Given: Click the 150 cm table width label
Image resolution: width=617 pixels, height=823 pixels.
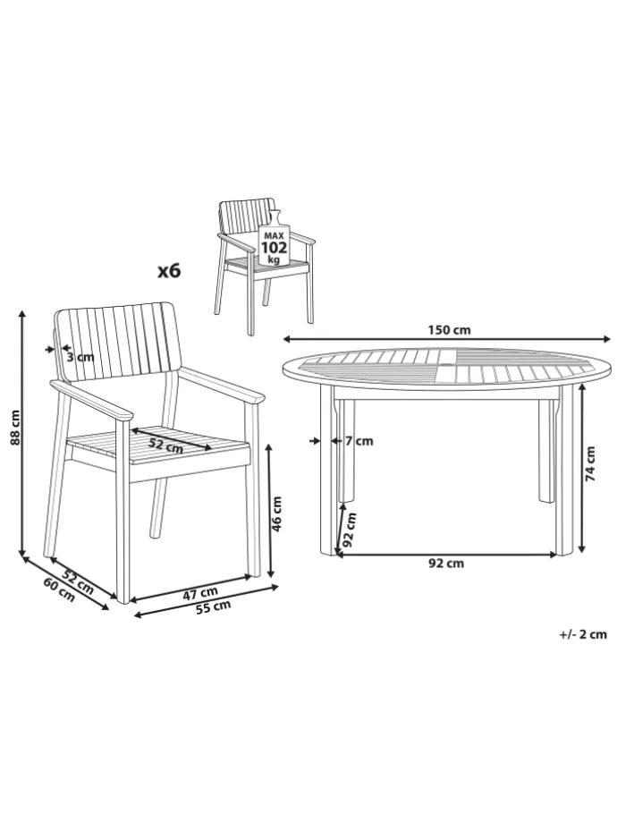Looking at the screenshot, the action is coord(449,329).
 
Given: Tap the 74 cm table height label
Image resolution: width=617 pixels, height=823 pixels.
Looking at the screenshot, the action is coord(591,463).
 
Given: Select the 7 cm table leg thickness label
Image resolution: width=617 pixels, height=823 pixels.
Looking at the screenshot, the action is coord(359,441).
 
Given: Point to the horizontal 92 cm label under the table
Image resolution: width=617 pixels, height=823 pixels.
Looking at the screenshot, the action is coord(446,564).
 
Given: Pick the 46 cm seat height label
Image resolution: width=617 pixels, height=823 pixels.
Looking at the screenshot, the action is coord(276,513).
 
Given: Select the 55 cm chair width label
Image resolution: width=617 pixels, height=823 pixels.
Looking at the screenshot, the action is coord(214,607).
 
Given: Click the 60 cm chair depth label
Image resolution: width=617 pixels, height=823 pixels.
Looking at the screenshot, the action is coord(59,589).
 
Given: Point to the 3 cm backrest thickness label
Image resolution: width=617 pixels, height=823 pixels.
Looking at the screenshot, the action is coord(80,357).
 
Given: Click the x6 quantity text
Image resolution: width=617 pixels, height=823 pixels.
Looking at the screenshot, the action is coord(169,271).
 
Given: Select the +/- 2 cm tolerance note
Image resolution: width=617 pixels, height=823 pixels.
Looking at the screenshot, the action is coord(583,634).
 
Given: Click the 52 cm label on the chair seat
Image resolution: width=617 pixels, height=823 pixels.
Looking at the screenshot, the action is coord(165,445).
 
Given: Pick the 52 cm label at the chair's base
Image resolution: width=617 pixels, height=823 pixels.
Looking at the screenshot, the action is coord(78,581).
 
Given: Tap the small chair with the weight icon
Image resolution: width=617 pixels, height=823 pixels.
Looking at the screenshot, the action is coord(264,266).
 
